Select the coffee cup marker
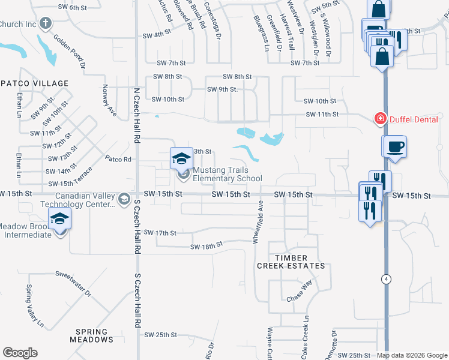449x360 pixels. click(394, 147)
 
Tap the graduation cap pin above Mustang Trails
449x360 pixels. click(181, 158)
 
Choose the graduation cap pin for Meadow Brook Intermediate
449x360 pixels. click(60, 220)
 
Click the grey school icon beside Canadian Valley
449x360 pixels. click(124, 199)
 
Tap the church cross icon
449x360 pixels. click(44, 23)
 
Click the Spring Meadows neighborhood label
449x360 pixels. click(92, 335)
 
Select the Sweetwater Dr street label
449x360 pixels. click(73, 284)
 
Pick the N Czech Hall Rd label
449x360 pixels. click(136, 115)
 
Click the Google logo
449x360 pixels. click(20, 353)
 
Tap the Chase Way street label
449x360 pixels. click(300, 292)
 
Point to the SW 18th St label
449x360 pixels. click(206, 247)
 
